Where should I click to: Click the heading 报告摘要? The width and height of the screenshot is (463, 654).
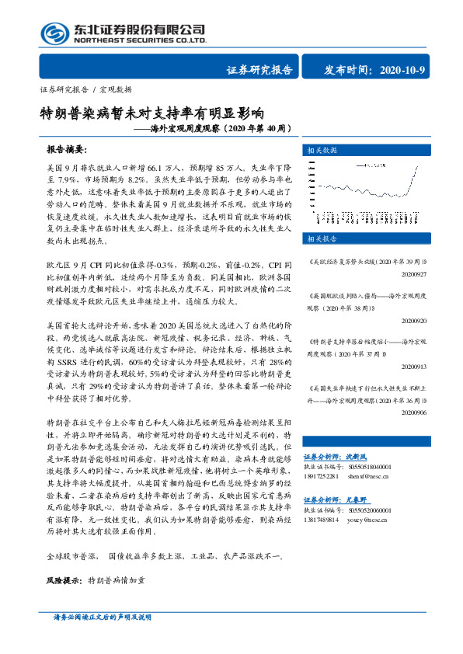coord(67,148)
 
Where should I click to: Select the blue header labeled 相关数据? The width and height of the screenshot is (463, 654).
coord(322,149)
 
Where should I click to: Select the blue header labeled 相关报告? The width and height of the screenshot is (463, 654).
coord(322,238)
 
